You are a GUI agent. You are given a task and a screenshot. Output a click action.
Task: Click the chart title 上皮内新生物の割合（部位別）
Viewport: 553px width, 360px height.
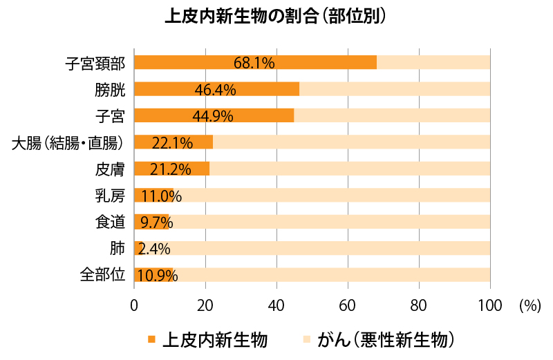(x=276, y=17)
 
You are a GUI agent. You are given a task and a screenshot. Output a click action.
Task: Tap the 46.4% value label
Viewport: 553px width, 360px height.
(x=215, y=89)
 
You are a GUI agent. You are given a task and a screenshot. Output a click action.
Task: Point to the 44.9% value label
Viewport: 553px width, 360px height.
(x=212, y=115)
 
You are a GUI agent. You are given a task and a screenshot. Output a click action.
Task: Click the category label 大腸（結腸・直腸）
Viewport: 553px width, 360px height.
(x=68, y=142)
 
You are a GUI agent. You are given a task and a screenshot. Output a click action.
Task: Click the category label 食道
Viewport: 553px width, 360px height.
(x=110, y=222)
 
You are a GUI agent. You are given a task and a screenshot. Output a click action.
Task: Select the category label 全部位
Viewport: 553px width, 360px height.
(x=102, y=275)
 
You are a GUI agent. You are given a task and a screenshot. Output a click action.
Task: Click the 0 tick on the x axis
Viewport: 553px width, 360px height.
(x=134, y=305)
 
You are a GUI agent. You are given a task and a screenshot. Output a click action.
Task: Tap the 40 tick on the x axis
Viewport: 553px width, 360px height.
(x=276, y=305)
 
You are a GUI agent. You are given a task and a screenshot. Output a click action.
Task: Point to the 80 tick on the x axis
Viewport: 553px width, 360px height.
(x=419, y=305)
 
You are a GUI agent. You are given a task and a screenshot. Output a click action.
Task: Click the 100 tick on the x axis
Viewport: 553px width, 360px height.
(x=490, y=305)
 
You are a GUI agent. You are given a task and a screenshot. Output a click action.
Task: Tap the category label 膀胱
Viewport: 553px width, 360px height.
(x=110, y=89)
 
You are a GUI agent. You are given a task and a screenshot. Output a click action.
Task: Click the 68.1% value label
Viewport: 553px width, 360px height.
(x=254, y=62)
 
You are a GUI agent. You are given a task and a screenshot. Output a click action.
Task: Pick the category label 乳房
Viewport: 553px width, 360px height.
(x=110, y=196)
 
